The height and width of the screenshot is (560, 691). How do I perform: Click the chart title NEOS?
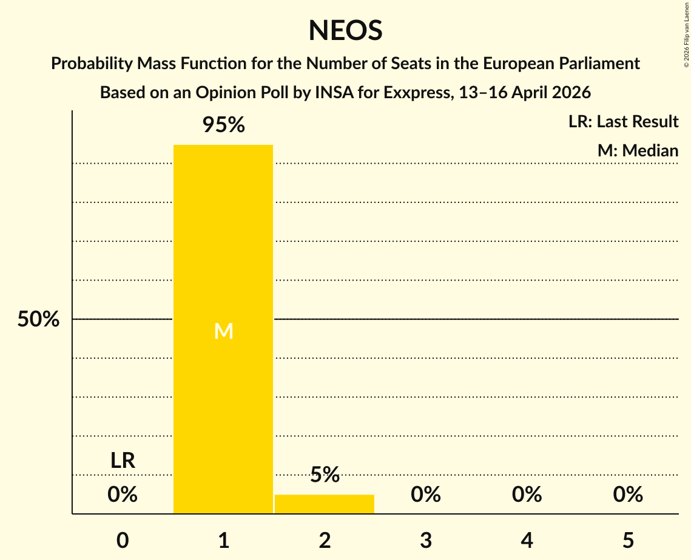click(345, 30)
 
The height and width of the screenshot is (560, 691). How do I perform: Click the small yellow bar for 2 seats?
click(325, 504)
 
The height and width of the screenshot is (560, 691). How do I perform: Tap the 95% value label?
click(223, 125)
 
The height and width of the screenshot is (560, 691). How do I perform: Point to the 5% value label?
click(325, 475)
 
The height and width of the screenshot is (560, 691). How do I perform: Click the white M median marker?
click(223, 331)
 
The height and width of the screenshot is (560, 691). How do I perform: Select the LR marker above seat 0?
click(123, 461)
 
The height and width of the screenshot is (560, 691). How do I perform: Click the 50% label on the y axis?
click(38, 319)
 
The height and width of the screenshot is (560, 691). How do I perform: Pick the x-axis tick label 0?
click(123, 540)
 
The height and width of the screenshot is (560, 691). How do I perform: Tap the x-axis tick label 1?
click(223, 540)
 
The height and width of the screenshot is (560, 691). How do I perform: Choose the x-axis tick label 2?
click(325, 540)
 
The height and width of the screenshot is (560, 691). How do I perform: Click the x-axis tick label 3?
click(426, 540)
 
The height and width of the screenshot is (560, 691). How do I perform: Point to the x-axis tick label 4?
click(527, 540)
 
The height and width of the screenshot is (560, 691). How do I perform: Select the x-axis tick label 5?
click(628, 540)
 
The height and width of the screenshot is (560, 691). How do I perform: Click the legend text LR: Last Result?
click(623, 122)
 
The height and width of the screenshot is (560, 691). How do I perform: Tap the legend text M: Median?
click(638, 150)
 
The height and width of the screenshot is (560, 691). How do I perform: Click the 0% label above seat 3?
click(426, 495)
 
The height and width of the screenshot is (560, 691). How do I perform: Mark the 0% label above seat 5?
click(628, 495)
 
